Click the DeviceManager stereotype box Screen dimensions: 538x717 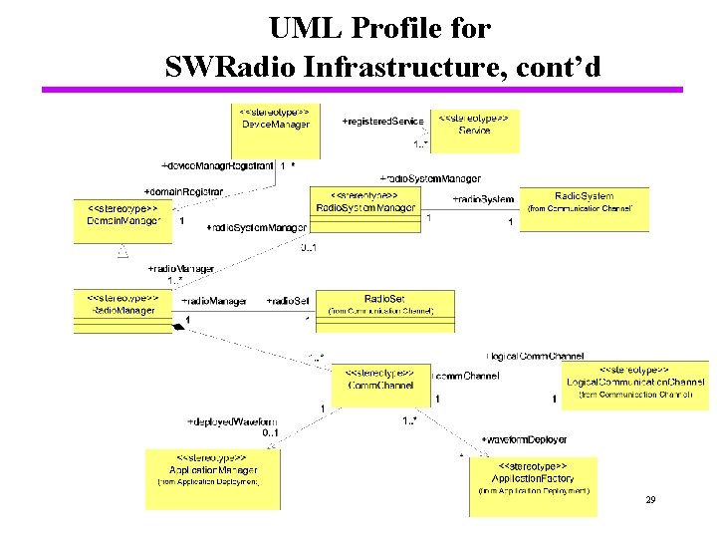click(275, 130)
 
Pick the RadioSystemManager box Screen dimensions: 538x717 click(366, 209)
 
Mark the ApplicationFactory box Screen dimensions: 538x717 click(533, 483)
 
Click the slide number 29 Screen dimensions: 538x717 click(650, 498)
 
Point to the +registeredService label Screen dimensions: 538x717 click(382, 122)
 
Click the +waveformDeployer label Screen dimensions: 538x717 click(524, 439)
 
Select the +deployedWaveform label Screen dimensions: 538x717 click(232, 422)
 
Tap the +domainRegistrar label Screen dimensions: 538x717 click(184, 190)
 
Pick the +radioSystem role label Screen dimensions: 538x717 click(483, 199)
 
